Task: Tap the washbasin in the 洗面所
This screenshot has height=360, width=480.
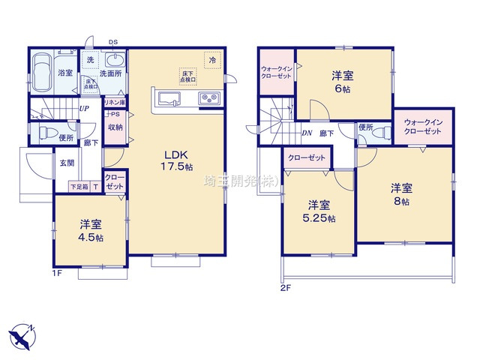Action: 114,61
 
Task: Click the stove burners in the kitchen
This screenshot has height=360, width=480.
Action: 207,98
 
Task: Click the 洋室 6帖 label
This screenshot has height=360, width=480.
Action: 343,82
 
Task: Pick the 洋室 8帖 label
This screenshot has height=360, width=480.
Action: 403,194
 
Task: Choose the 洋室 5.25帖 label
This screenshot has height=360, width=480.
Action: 319,211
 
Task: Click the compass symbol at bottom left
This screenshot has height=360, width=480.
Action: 22,332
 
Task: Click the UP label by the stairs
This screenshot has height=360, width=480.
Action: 84,108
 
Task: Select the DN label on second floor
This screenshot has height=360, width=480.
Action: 306,133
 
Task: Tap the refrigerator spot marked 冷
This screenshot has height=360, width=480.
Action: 213,59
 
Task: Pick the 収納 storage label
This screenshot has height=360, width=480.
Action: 115,127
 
